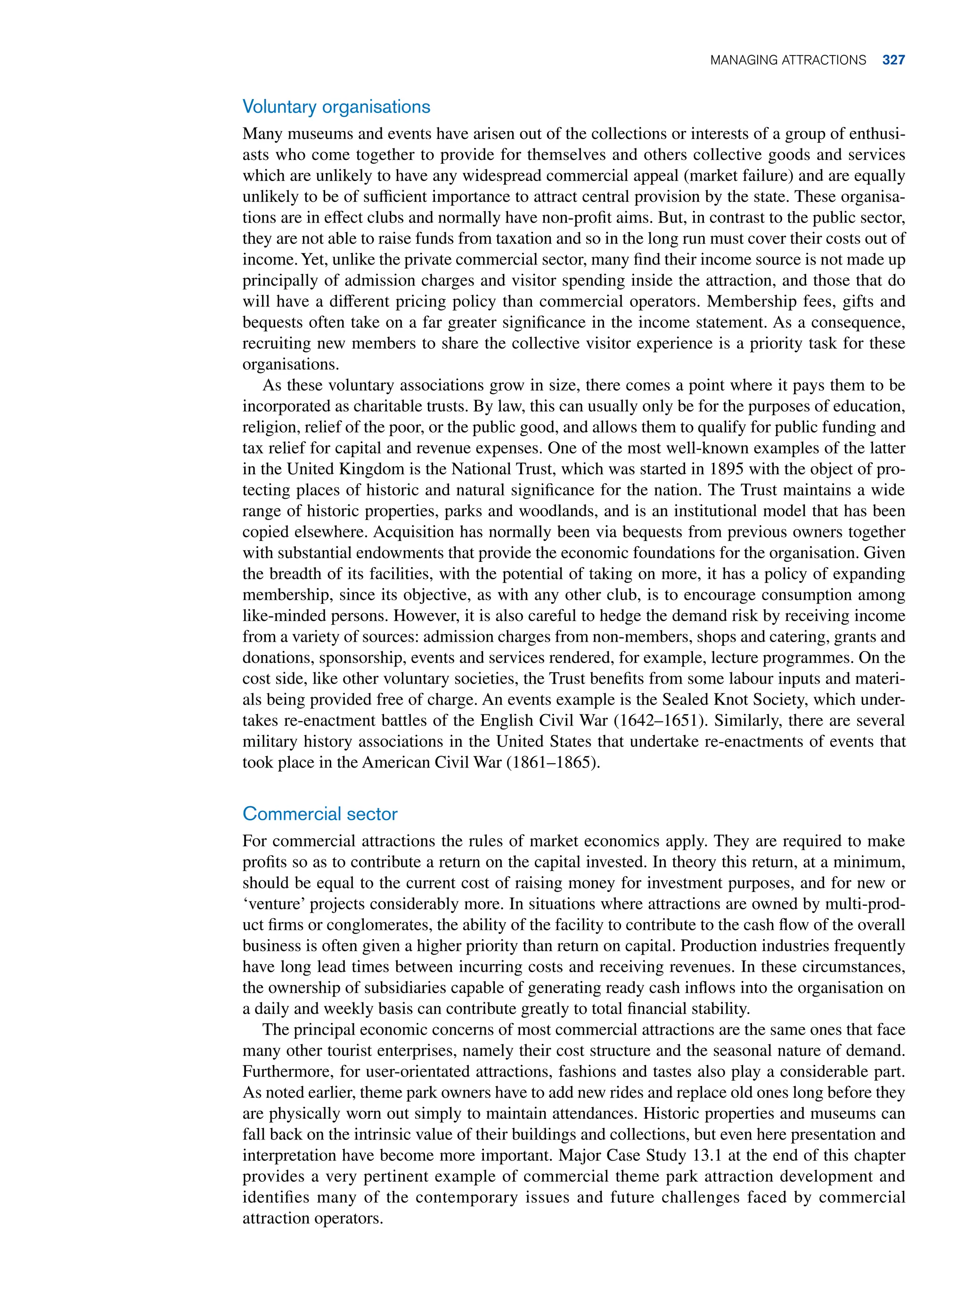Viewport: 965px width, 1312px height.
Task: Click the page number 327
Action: (x=893, y=60)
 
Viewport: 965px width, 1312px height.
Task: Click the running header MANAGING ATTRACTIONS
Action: (x=787, y=60)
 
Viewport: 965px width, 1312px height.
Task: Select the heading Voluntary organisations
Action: (x=336, y=107)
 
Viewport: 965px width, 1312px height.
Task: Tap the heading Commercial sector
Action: (x=319, y=814)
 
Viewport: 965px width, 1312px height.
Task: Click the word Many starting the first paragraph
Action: (x=261, y=134)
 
